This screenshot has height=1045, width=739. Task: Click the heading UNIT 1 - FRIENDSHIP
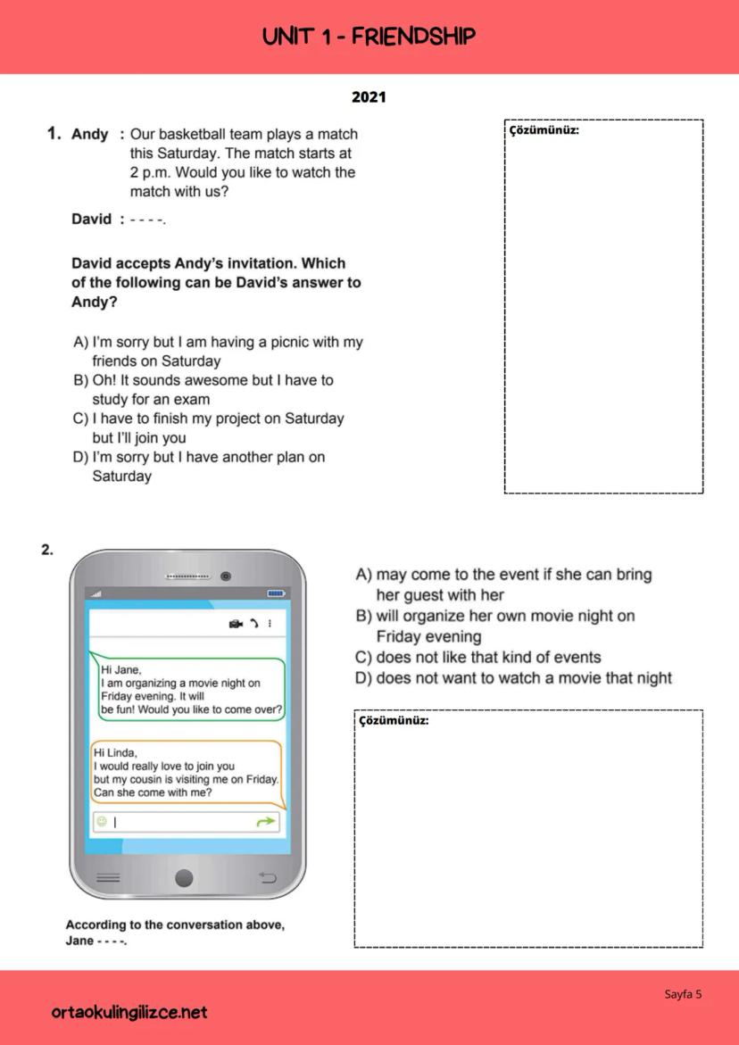(x=369, y=37)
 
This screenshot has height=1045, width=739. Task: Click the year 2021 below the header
(x=369, y=96)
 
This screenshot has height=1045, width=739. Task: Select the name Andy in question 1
(x=89, y=134)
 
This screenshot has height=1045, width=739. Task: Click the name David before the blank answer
(x=91, y=219)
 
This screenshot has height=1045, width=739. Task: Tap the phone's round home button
(x=184, y=878)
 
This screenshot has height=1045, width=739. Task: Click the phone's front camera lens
(x=226, y=576)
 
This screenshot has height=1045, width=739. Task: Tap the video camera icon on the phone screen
(x=236, y=623)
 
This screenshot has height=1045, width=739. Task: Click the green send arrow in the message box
(x=266, y=822)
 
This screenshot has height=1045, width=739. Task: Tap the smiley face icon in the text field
(x=102, y=822)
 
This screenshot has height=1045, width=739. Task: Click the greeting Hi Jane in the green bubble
(x=120, y=669)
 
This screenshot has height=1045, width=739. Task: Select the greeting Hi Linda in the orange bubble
(x=115, y=752)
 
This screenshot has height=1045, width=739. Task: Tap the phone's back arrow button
(x=267, y=878)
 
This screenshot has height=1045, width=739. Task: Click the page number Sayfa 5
(x=683, y=994)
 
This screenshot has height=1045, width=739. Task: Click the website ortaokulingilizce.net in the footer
(x=129, y=1012)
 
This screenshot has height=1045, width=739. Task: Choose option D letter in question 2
(x=363, y=678)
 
